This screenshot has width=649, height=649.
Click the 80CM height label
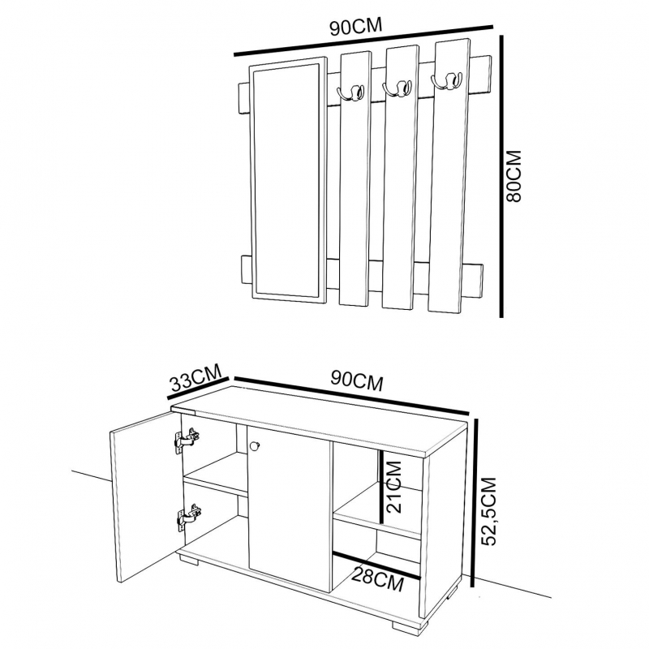pos(514,175)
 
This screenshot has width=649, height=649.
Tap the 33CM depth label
pos(196,377)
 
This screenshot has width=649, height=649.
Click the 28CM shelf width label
pos(377,578)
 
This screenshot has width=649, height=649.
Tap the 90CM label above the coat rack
pos(356,27)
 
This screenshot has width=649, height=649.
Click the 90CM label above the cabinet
pos(357,381)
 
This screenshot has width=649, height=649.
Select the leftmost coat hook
pos(351,92)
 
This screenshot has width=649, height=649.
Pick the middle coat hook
pos(397,88)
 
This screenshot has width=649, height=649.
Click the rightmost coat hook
pos(446,80)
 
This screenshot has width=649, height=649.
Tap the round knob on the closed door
pos(254,445)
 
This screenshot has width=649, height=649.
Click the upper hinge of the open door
pos(187,441)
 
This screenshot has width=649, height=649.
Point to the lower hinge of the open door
pos(189,517)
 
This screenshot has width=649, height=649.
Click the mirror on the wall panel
pos(288,179)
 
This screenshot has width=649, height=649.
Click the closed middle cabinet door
pos(290,509)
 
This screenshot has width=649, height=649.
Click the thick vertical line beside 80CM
pos(501,176)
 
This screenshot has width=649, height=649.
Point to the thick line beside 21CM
pos(381,488)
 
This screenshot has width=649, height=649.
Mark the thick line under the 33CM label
pos(198,389)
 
